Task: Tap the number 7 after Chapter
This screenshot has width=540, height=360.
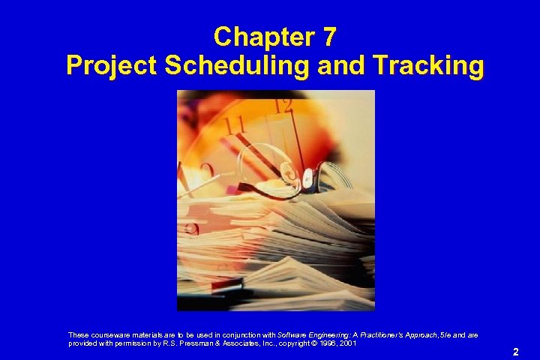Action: pos(330,36)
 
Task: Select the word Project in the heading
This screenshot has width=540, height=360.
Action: pos(110,66)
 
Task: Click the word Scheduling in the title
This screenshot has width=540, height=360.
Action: pos(238,66)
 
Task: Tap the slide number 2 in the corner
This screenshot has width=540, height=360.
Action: pos(515,351)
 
